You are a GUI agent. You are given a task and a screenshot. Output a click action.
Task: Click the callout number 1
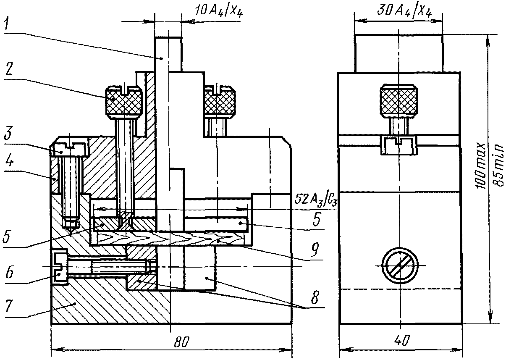point(7,24)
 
